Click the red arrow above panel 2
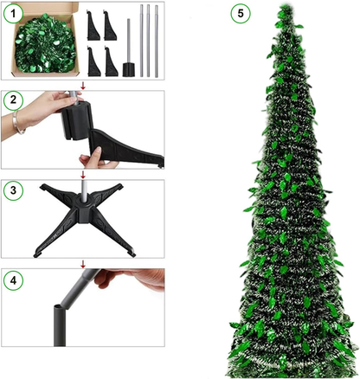[x=82, y=85]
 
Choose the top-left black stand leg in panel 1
[x=93, y=26]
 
